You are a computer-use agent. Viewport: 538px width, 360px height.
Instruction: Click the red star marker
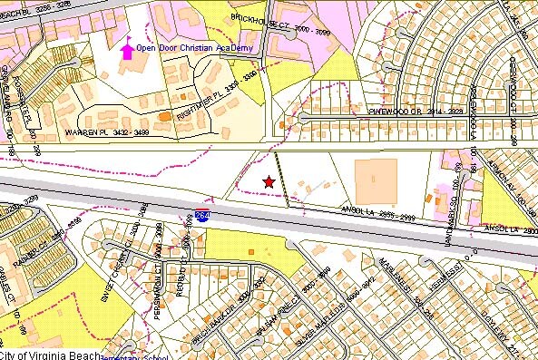(269, 182)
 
